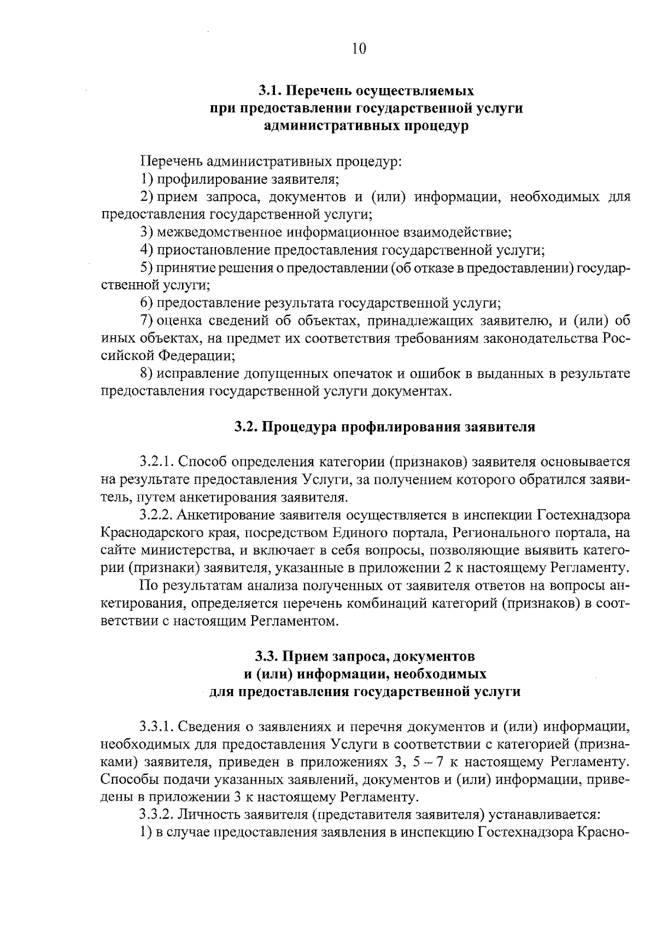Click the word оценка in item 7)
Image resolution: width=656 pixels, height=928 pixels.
coord(180,320)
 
